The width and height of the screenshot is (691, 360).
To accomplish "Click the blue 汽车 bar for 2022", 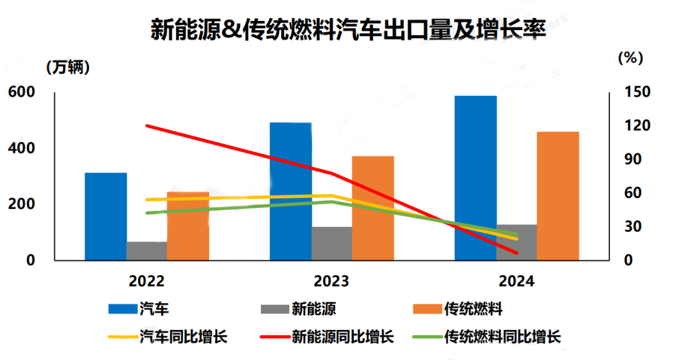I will pos(106,217).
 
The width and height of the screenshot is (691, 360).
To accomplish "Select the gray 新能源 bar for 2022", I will pos(147,251).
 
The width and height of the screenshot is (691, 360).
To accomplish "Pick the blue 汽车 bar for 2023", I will pos(290,191).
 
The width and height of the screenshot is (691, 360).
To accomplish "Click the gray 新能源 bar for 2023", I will pos(331,244).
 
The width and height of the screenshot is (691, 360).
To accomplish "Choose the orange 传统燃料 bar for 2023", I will pos(373,208).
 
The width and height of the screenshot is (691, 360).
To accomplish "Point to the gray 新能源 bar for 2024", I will pos(516,242).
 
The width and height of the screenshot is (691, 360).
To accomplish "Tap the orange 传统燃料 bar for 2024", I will pos(558,196).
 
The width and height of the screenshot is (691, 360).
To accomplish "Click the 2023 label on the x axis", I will pos(331,281).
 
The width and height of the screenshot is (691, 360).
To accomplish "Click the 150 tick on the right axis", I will pos(637,93).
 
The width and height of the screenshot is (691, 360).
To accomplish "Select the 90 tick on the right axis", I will pos(637,160).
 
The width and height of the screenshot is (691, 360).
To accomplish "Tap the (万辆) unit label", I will pos(68,66).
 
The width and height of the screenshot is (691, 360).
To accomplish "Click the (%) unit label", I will pos(630,58).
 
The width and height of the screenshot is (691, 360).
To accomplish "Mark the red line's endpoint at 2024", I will pos(516,253).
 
